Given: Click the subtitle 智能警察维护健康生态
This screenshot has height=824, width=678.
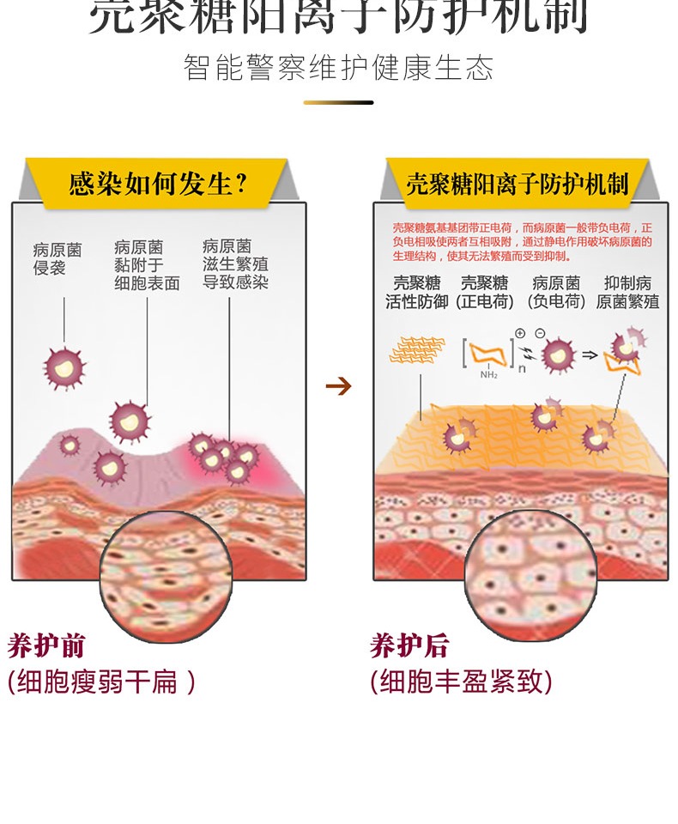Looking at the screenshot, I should [x=338, y=68].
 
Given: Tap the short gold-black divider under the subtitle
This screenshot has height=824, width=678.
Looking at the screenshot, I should [x=338, y=103].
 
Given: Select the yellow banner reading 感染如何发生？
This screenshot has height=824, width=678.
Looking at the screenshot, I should [x=158, y=183].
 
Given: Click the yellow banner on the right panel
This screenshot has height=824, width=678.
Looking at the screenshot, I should [x=517, y=183].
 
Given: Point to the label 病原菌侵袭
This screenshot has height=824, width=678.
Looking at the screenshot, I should [x=58, y=258].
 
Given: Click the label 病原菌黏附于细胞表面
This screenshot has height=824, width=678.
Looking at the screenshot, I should [x=147, y=265].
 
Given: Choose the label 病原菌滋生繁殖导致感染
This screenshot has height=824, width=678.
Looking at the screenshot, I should [x=235, y=264].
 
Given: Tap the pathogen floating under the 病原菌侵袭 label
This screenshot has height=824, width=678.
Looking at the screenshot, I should [x=64, y=367].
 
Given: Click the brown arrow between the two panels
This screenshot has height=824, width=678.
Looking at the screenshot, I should [x=339, y=386].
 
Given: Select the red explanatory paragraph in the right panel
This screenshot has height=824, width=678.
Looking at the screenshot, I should [x=522, y=242].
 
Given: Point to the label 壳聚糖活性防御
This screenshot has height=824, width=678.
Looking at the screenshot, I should [x=416, y=292].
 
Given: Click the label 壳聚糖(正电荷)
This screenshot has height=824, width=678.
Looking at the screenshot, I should [x=485, y=292].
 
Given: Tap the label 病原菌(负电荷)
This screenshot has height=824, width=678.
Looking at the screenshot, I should [x=556, y=292].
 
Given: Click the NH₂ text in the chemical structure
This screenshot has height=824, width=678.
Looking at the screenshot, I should [x=489, y=374].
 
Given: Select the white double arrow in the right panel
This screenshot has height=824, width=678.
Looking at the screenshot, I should [x=589, y=354].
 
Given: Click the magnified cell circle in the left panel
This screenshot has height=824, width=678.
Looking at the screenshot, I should [x=166, y=575].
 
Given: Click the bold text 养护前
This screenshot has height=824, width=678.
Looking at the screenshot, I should [x=46, y=645].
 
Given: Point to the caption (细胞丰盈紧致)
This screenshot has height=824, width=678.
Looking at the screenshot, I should [x=462, y=682].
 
